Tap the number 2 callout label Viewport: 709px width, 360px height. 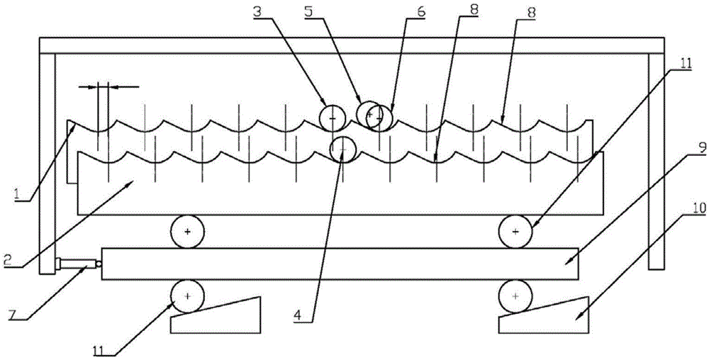[x=7, y=259]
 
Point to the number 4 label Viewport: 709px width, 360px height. [x=297, y=315]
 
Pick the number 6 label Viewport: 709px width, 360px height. [x=421, y=12]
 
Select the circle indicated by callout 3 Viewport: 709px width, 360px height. [x=333, y=118]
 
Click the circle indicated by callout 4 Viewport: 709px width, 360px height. [x=343, y=149]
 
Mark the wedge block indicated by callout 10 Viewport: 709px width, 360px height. [x=544, y=315]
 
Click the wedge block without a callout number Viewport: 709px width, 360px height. [x=216, y=315]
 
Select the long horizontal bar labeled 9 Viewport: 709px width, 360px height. [x=340, y=264]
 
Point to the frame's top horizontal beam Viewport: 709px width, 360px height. [x=352, y=45]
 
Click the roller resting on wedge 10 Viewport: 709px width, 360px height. [x=515, y=296]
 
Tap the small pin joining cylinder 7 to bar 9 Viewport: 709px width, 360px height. [x=99, y=264]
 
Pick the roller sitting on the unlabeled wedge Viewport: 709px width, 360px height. [x=187, y=296]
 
